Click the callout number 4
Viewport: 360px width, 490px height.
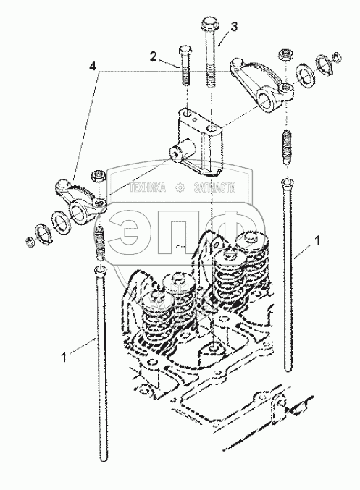pyautogui.click(x=92, y=66)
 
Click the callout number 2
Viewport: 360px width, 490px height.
pyautogui.click(x=153, y=57)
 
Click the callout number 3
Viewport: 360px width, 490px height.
pyautogui.click(x=234, y=27)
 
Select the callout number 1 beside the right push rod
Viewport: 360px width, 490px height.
pyautogui.click(x=317, y=240)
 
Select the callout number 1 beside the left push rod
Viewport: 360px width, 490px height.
pyautogui.click(x=64, y=358)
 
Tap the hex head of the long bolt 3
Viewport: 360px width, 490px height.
pyautogui.click(x=208, y=23)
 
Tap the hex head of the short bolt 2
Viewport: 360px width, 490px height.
pyautogui.click(x=185, y=50)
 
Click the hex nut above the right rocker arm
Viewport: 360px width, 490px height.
pyautogui.click(x=285, y=55)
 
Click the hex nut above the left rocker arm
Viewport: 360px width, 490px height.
pyautogui.click(x=99, y=176)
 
